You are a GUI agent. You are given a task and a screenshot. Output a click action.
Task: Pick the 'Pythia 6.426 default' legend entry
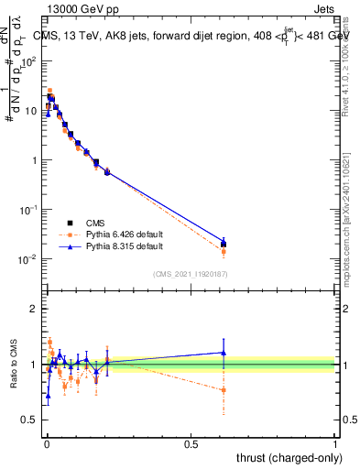125,234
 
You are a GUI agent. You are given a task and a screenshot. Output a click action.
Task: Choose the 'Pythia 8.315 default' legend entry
125,246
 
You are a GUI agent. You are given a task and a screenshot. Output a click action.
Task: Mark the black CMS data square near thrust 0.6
224,244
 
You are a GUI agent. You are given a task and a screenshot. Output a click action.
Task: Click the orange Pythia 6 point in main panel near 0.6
224,251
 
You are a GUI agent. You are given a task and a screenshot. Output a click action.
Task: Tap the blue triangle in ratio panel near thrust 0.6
224,353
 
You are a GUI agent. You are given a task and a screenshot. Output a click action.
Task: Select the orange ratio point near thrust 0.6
224,390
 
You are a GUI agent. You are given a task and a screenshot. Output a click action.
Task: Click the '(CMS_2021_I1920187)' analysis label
190,273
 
